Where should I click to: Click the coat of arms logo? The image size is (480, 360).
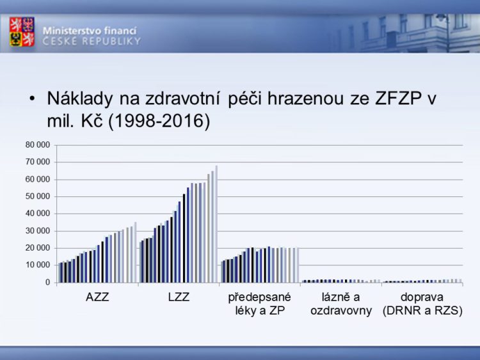tap(22, 31)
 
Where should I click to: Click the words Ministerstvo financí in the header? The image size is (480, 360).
tap(90, 31)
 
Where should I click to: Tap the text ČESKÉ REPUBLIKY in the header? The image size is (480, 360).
tap(92, 41)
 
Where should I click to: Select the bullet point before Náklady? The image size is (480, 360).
tap(32, 98)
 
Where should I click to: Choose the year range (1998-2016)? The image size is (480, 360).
tap(159, 121)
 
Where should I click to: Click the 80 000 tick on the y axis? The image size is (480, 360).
tap(38, 145)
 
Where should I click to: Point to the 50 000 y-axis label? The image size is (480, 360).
tap(38, 196)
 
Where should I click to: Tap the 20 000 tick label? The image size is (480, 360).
tap(38, 248)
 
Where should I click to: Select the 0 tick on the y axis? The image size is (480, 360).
tap(47, 283)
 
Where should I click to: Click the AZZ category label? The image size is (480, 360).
tap(97, 297)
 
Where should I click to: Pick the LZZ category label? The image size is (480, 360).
tap(179, 297)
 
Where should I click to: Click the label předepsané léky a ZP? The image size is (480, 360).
tap(260, 304)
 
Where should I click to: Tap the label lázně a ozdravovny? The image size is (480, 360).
tap(341, 304)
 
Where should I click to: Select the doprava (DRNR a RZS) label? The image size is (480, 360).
tap(422, 304)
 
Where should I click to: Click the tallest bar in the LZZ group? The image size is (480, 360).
tap(216, 224)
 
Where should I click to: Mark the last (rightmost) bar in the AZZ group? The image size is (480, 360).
tap(135, 253)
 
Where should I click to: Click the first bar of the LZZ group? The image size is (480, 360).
tap(141, 262)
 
